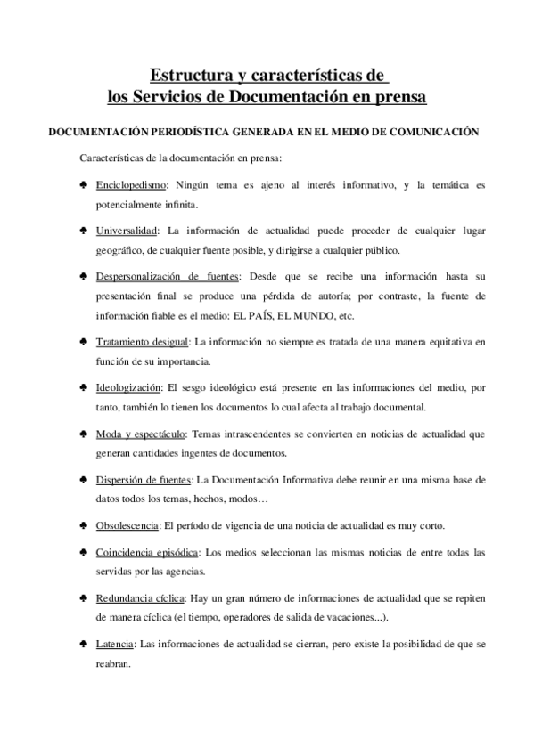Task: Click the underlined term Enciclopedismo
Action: coord(127,185)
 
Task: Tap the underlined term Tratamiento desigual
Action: coord(142,342)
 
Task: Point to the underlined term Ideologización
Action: coord(128,387)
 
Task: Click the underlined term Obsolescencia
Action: coord(127,524)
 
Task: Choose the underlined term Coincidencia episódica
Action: coord(147,552)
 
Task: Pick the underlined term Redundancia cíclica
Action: coord(143,598)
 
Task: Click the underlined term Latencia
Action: coord(115,644)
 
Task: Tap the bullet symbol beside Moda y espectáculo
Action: coord(82,434)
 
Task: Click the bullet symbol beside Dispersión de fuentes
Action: coord(82,479)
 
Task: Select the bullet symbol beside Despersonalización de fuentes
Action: coord(82,276)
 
